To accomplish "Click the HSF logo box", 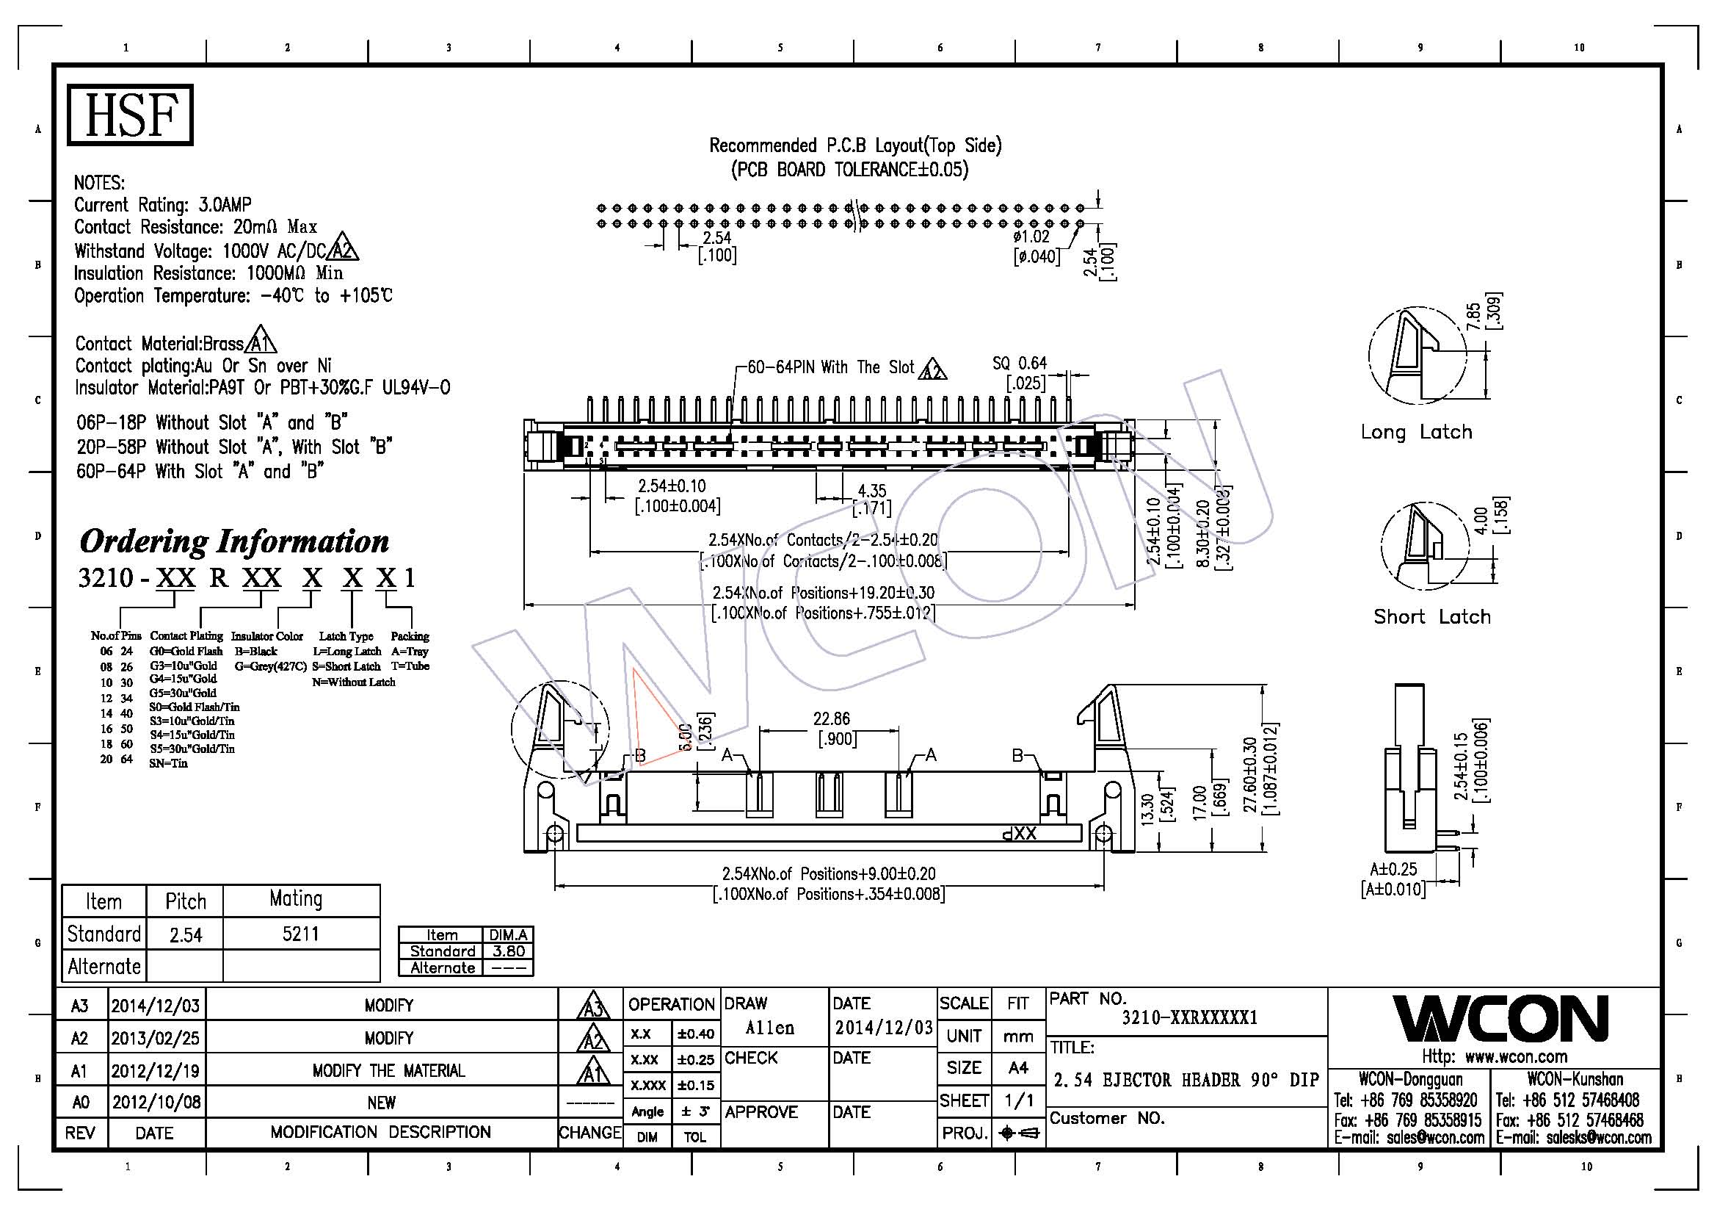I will pos(130,115).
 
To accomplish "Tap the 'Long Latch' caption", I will pos(1415,432).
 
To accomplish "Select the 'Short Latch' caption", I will pos(1431,616).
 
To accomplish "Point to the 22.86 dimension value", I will pos(832,719).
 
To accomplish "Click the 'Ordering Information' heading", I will pos(234,541).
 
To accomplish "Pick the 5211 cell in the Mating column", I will pos(301,934).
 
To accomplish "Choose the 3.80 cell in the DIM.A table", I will pos(509,951).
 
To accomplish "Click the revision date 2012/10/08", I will pos(156,1102).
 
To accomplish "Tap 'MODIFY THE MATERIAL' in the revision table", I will pos(388,1070).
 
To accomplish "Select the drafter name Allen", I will pos(769,1028).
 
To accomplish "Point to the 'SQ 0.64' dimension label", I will pos(1020,364).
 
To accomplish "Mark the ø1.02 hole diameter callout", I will pos(1031,237).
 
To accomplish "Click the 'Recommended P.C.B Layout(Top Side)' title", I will pos(854,145).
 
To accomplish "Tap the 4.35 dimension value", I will pos(871,491).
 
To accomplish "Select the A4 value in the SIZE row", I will pos(1017,1067).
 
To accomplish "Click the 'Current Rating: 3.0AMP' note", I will pos(162,205).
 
